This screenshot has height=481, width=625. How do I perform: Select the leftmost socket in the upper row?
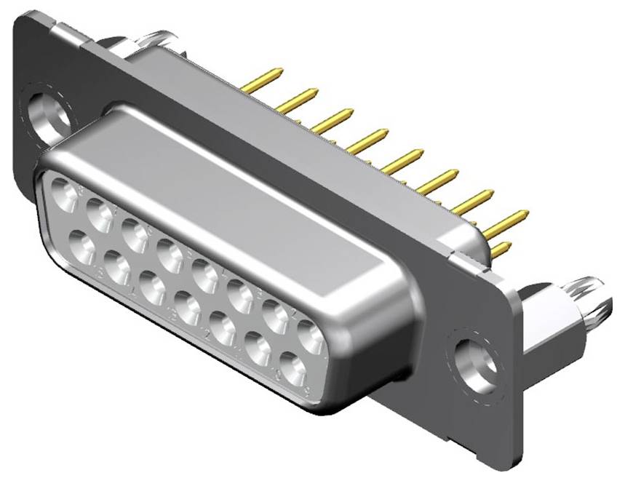pos(63,195)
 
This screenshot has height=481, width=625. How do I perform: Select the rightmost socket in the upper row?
pos(311,337)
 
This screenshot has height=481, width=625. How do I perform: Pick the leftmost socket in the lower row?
pos(81,248)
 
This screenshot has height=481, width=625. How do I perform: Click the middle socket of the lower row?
pos(187,309)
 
